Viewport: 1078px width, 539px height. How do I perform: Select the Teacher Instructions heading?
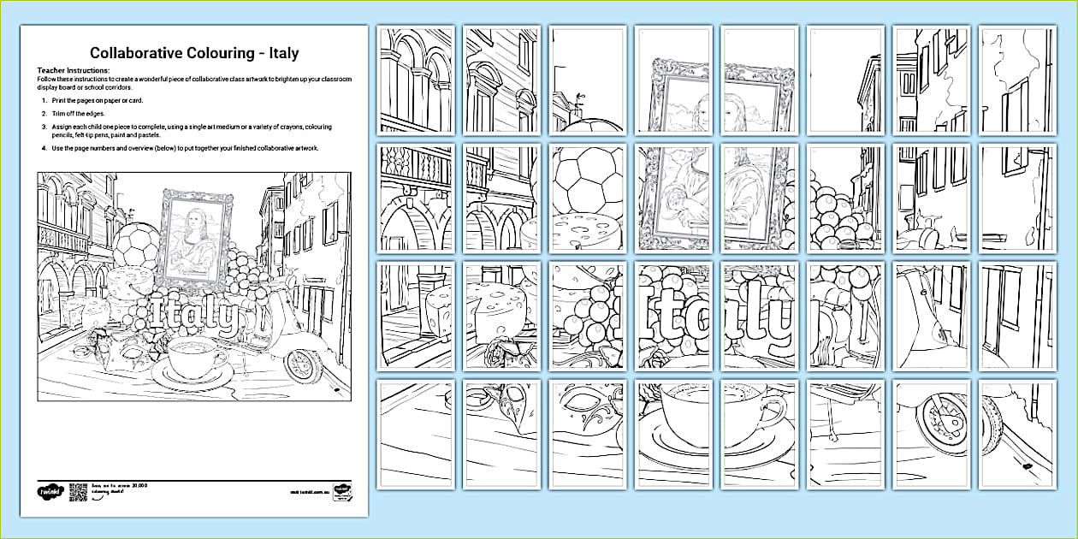click(x=74, y=70)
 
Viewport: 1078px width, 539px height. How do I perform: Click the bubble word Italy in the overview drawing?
click(x=198, y=316)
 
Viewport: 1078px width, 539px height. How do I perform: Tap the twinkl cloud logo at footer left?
click(x=49, y=493)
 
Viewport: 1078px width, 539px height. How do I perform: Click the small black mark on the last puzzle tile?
click(x=1023, y=466)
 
